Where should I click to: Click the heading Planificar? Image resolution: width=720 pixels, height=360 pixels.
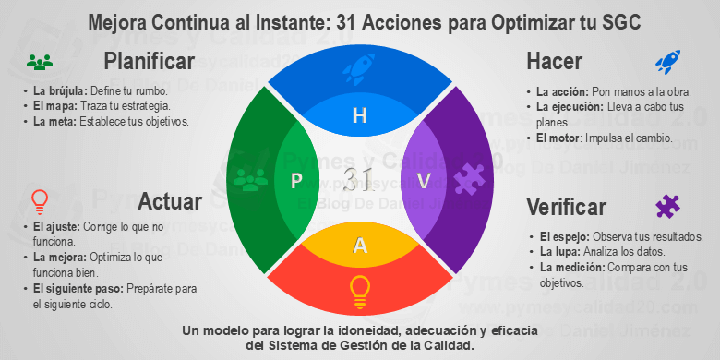tap(149, 62)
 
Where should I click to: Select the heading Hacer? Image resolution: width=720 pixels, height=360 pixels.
tap(554, 62)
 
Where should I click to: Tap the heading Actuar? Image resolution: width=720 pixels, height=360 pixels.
tap(170, 200)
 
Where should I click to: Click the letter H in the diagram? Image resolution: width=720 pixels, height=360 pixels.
tap(360, 115)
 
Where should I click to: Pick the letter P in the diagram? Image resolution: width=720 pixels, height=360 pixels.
tap(296, 180)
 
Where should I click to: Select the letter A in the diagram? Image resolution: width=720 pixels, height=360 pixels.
tap(360, 245)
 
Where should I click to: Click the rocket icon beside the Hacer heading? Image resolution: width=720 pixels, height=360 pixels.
tap(666, 62)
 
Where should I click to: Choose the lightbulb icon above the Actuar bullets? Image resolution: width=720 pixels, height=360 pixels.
tap(39, 201)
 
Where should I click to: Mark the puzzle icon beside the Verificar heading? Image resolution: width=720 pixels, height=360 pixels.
tap(666, 205)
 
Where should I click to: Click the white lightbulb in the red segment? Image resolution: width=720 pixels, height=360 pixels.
tap(360, 291)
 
